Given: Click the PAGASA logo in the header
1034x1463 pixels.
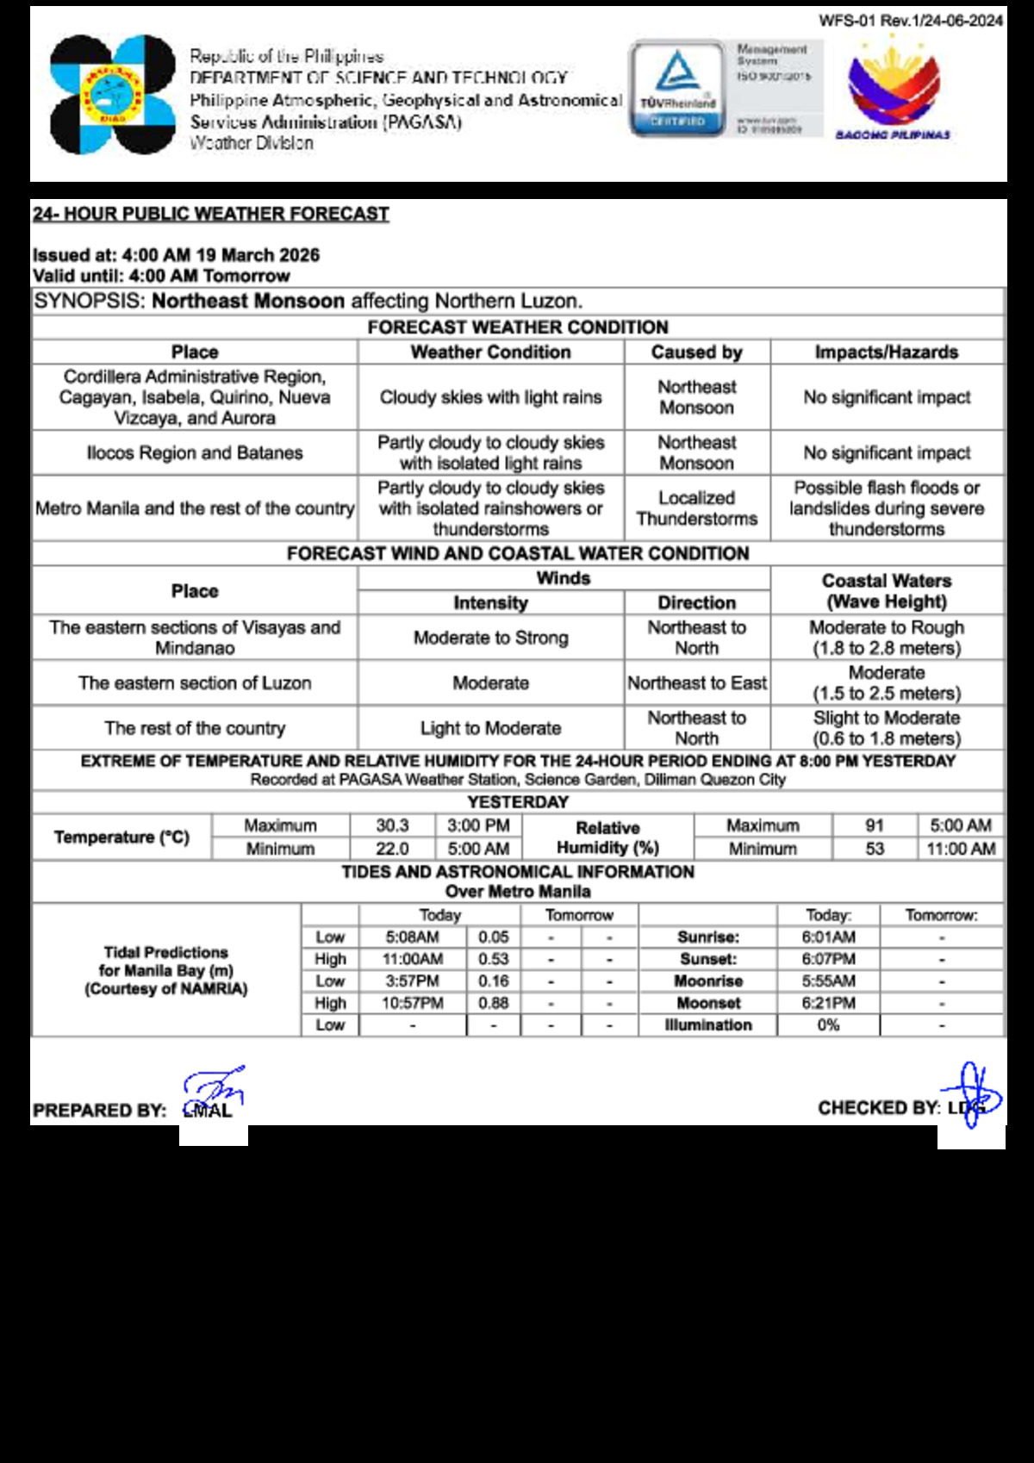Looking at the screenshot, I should (112, 95).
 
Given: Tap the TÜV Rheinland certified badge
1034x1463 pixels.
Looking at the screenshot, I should (677, 89).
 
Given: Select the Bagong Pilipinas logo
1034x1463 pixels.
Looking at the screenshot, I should (893, 90).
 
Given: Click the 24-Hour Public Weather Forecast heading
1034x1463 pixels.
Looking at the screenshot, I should (211, 214).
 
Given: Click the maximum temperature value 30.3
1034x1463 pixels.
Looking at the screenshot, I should (392, 825).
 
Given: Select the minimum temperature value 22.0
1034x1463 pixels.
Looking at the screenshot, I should (392, 849).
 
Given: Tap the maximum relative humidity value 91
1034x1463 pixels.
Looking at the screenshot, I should (875, 825).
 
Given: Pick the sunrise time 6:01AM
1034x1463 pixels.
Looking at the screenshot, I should (828, 937).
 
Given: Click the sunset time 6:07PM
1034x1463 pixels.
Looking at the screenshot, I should (828, 959).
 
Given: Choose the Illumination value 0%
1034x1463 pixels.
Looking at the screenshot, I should (828, 1025).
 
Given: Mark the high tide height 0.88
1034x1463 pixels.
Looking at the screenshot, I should (493, 1003).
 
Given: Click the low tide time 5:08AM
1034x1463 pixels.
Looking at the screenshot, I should (412, 937).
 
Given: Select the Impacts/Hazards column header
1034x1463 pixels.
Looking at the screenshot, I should (887, 352).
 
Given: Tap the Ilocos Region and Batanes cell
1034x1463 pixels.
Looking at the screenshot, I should (195, 453).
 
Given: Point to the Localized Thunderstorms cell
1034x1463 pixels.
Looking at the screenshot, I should (696, 508).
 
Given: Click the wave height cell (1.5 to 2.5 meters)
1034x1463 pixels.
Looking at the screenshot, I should (887, 683).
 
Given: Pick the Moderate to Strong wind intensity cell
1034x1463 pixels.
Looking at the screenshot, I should (490, 638).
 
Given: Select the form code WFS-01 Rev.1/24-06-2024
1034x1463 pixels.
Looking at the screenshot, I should (911, 21).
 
